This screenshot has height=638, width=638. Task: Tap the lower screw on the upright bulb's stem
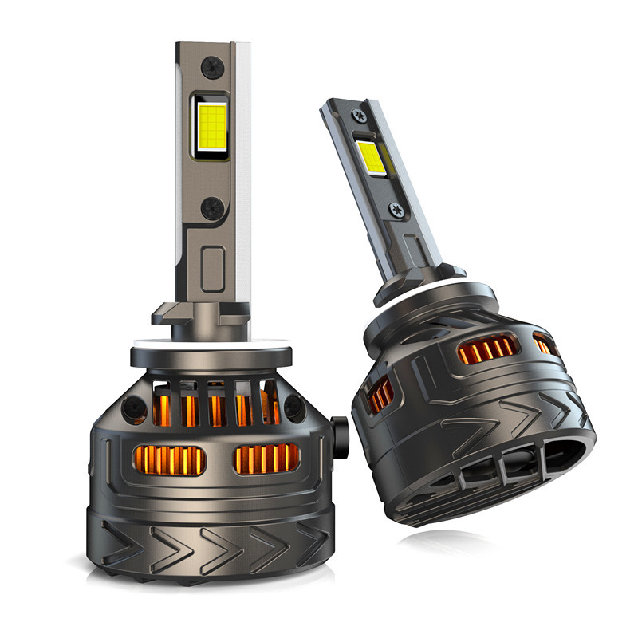[212, 209]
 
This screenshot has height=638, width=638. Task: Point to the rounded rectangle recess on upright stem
[213, 269]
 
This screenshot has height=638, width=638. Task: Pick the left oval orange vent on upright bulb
[168, 460]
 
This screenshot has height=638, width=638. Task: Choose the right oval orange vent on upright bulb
[266, 459]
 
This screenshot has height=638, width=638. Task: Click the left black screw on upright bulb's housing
[129, 410]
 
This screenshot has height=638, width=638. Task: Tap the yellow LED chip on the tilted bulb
[372, 158]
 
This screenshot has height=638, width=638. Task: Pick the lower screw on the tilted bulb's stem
[396, 210]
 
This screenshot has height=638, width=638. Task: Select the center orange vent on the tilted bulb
[486, 348]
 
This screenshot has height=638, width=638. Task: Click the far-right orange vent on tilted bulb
[544, 345]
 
